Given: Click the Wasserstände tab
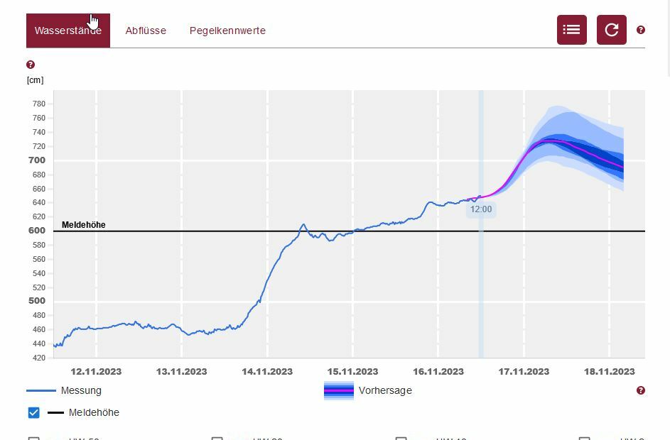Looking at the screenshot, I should (67, 31).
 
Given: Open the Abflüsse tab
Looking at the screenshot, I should (146, 31).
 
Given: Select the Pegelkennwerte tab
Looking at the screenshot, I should (227, 31).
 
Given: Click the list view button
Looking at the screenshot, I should (571, 30).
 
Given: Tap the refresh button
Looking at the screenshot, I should (611, 30).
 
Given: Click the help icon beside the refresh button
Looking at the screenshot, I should (641, 30).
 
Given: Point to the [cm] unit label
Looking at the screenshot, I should (35, 80).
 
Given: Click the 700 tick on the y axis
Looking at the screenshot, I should (37, 160).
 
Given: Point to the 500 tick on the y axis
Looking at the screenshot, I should (37, 301).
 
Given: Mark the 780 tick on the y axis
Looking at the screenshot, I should (38, 104).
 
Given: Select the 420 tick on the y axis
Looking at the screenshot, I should (38, 358).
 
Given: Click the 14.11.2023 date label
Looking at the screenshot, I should (267, 371).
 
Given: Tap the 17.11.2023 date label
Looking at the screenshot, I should (524, 371).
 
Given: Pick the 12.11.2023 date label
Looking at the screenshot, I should (96, 371).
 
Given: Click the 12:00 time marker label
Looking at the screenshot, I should (481, 209).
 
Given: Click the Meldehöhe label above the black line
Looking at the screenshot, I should (83, 225).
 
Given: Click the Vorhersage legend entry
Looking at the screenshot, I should (384, 390).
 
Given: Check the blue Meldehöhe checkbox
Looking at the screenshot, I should (33, 412).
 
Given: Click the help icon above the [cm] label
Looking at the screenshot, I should (31, 65).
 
